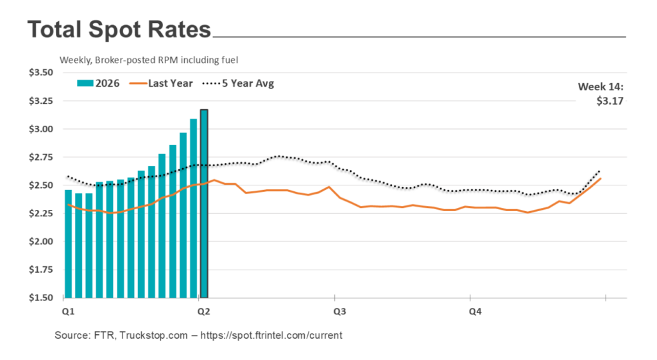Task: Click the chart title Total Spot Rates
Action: coord(119,30)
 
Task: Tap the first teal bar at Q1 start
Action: coord(68,244)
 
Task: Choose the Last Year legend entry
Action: coord(166,83)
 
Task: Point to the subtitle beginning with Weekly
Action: coord(149,60)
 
